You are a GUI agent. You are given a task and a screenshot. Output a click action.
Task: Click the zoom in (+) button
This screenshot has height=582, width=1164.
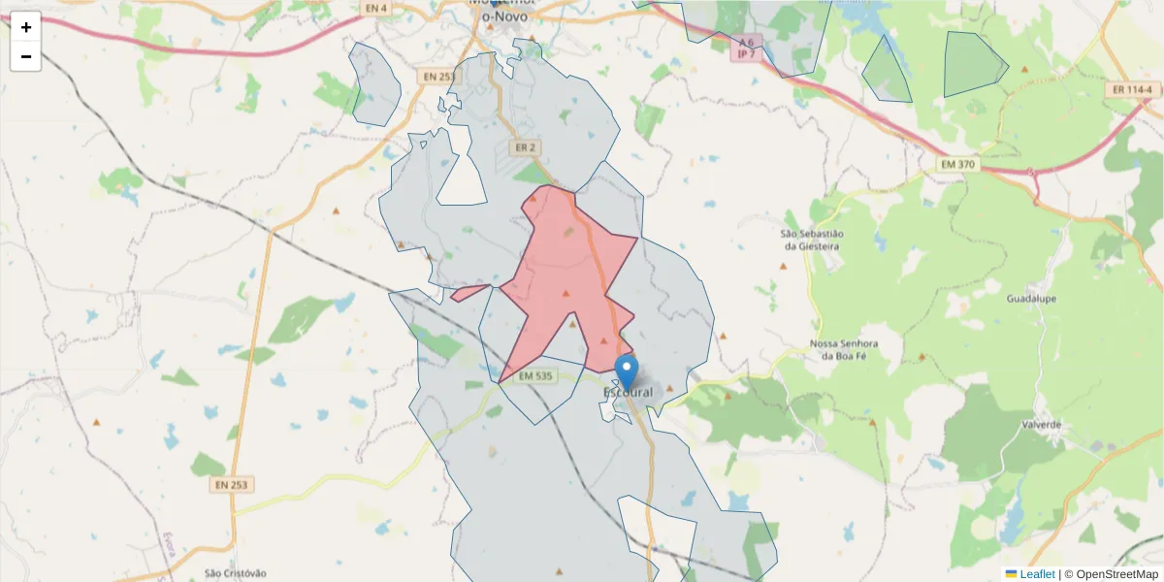(x=26, y=27)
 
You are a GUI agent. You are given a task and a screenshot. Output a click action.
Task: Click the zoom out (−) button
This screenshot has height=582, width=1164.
(x=26, y=56)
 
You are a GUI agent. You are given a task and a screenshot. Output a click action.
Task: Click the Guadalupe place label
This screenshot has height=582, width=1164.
(x=1031, y=299)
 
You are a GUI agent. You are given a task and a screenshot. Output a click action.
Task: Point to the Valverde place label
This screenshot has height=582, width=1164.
(x=1042, y=425)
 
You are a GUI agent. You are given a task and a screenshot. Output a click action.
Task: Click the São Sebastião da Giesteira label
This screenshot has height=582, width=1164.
(x=813, y=240)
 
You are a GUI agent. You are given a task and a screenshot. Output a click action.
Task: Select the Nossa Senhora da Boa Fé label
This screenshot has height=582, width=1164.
(x=844, y=350)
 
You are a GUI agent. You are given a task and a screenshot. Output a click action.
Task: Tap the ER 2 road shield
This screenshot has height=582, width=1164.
(x=526, y=147)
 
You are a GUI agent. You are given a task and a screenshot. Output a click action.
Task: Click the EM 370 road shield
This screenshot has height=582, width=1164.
(x=957, y=166)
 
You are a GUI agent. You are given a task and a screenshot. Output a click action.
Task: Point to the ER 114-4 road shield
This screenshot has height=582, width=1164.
(x=1133, y=89)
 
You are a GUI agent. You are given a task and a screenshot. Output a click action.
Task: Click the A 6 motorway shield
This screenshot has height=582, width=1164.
(x=745, y=43)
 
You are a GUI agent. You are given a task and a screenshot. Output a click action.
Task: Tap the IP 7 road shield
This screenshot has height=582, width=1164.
(x=746, y=53)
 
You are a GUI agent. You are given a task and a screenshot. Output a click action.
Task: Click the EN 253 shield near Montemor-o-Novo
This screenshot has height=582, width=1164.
(x=439, y=76)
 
